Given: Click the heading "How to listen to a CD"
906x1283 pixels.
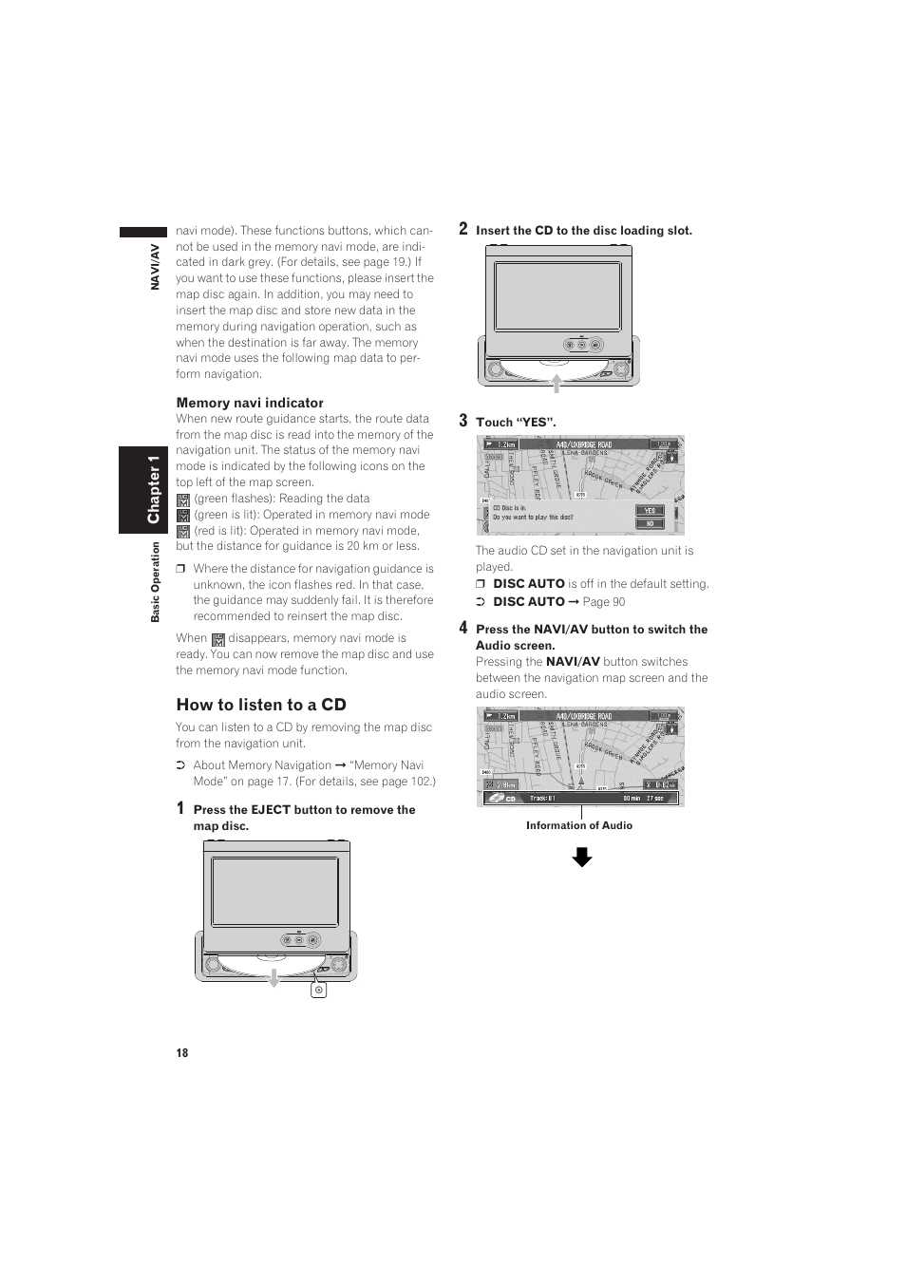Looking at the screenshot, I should pos(261,705).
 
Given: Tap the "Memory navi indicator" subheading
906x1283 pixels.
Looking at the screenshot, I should pos(250,403).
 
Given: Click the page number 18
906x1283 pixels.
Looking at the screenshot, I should pos(182,1052).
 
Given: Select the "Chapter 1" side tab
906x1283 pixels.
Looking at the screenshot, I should pos(154,489).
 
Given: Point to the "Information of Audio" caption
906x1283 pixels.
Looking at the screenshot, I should pos(579,825).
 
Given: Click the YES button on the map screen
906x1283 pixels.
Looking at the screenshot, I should pos(651,510).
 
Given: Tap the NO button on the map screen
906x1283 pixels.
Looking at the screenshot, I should pos(651,523).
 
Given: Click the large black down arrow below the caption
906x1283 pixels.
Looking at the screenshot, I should pos(582,858).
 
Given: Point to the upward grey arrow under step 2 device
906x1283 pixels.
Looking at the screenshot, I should pos(557,382).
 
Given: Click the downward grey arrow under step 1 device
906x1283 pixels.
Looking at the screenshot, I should pos(274,977).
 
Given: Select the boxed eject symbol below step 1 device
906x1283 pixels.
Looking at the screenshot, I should pos(319,990).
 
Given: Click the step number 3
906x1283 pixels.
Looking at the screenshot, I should pos(463,420).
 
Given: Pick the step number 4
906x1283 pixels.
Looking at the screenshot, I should pos(463,627).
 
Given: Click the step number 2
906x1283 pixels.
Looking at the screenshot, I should pos(463,228).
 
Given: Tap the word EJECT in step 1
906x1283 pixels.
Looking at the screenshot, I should pos(271,810).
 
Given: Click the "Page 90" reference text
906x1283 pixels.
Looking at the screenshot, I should pos(604,601).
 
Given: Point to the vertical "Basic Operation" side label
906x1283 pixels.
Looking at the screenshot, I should pos(156,582).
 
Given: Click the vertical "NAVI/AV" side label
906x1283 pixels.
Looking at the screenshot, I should pos(156,266).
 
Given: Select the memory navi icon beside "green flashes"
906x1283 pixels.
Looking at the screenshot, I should pos(183,500).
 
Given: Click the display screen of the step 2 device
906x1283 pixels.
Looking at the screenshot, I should pos(557,296).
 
